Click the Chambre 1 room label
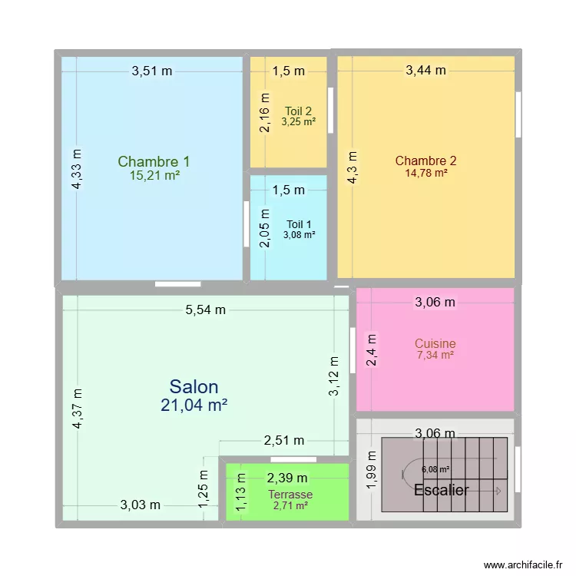pos(154,161)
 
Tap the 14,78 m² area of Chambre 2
pos(426,173)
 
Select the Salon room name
pos(194,387)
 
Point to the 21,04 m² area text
pos(194,405)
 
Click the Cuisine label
pos(435,343)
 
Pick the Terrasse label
pos(290,495)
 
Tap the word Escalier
pos(441,490)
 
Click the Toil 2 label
pos(298,111)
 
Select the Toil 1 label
pos(299,224)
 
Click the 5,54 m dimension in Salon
pos(205,310)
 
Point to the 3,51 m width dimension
pos(152,71)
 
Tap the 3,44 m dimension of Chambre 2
pos(425,70)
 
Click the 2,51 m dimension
pos(284,440)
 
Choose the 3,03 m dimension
pos(141,505)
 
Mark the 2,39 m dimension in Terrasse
pos(287,478)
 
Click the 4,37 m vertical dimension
pos(78,409)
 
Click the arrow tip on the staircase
pos(501,491)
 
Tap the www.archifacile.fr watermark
pos(523,564)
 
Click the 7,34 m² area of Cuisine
pos(435,355)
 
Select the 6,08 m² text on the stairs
pos(435,469)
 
